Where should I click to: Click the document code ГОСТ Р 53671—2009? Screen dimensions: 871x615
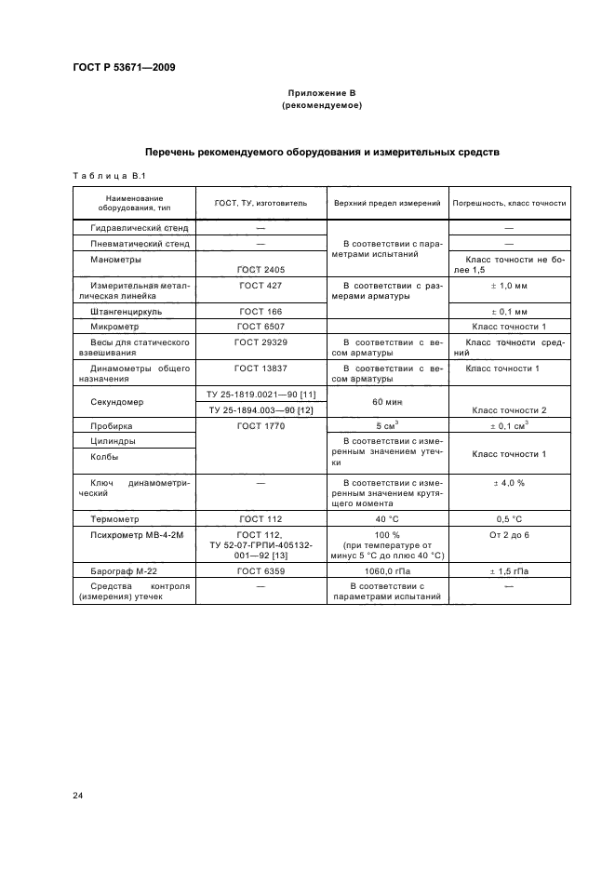point(124,67)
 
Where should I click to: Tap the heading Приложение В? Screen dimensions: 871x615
point(321,95)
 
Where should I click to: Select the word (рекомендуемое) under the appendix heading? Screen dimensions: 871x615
point(321,107)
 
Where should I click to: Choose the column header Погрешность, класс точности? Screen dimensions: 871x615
point(509,203)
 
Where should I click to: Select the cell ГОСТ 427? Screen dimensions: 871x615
point(260,286)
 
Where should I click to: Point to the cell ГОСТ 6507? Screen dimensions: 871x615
point(260,328)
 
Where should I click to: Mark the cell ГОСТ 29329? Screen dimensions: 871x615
point(260,343)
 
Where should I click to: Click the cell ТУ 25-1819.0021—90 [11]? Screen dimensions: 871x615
point(260,395)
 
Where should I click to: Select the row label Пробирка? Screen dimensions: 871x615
point(112,424)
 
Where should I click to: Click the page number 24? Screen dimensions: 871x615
point(77,795)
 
